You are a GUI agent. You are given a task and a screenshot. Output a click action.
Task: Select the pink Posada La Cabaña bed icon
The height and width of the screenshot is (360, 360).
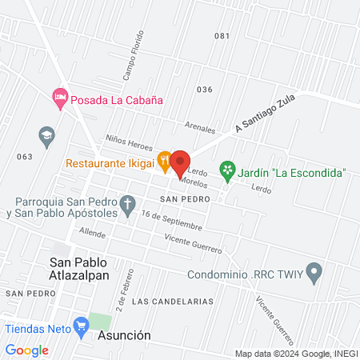click(x=59, y=98)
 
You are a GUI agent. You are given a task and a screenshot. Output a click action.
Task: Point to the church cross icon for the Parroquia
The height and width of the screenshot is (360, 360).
click(x=127, y=206)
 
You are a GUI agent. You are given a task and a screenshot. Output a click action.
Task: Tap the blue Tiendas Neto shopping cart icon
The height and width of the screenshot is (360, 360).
click(x=80, y=325)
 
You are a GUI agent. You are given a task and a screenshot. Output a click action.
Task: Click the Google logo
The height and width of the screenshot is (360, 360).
click(x=27, y=350)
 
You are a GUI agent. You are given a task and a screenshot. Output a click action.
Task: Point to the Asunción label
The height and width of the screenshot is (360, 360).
click(x=124, y=335)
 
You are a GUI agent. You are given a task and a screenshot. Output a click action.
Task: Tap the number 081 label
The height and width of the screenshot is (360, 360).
click(x=222, y=36)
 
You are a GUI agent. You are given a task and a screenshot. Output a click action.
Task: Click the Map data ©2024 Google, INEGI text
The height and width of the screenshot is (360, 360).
click(x=295, y=353)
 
